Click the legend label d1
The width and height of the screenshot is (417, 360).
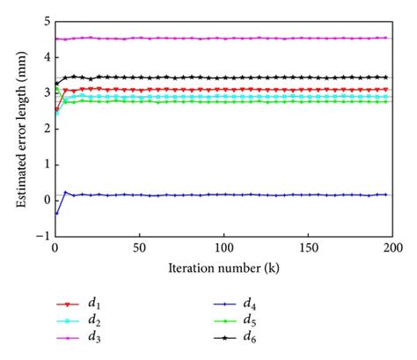click(92, 302)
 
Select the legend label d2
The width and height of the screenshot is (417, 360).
click(92, 320)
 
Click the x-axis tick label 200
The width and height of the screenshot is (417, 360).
click(391, 248)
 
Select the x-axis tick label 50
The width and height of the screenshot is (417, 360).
click(139, 248)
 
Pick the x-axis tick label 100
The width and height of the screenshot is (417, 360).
click(223, 248)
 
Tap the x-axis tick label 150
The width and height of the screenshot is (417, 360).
click(308, 248)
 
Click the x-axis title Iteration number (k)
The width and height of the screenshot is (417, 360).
click(223, 267)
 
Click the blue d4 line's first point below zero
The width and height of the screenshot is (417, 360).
click(56, 212)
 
